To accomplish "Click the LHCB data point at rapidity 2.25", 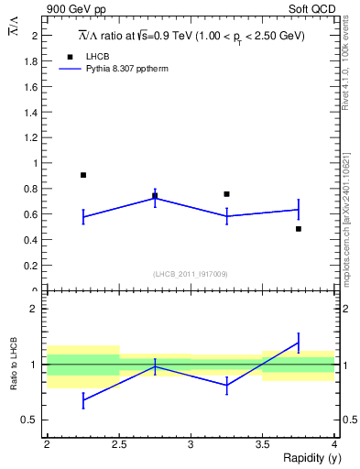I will click(x=83, y=175).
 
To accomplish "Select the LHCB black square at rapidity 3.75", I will click(x=299, y=228).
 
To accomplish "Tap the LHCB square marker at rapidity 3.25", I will click(x=226, y=194).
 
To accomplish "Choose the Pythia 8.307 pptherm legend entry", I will click(x=127, y=68).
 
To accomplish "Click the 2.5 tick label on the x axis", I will click(x=119, y=444).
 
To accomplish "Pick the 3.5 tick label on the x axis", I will click(x=263, y=444).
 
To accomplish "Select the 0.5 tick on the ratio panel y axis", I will click(x=34, y=420).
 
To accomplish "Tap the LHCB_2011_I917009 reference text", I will click(x=191, y=274).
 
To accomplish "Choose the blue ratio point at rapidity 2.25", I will click(x=83, y=400).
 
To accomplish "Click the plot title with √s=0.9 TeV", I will click(x=191, y=36).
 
